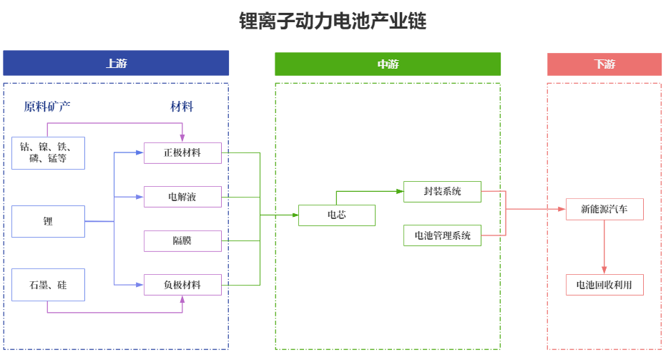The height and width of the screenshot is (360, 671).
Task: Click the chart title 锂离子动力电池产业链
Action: [x=333, y=21]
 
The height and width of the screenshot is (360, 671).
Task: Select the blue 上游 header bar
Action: [x=116, y=64]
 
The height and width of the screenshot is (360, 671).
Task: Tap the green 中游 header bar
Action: [x=388, y=64]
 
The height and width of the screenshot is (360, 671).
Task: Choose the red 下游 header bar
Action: [x=604, y=64]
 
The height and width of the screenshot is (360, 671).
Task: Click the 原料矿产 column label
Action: [x=47, y=107]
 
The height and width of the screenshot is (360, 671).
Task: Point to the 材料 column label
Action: [x=182, y=107]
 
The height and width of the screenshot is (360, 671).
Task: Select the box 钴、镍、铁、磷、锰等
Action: [x=48, y=152]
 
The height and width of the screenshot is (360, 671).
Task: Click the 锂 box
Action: [x=48, y=221]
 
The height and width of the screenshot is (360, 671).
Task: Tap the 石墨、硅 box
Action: [x=48, y=285]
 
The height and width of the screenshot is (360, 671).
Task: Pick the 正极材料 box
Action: [x=182, y=153]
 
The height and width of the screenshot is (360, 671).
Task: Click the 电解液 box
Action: [x=182, y=197]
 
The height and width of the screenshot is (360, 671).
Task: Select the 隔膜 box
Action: [x=182, y=241]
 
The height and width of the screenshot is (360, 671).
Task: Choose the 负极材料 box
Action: [x=182, y=285]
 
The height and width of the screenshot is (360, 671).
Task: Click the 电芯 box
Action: [x=336, y=215]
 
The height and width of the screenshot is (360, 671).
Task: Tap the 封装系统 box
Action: [x=442, y=192]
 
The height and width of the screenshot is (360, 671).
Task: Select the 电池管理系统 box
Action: [x=442, y=235]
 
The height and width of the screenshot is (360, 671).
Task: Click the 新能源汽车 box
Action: [x=604, y=210]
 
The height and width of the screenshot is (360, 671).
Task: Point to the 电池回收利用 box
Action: [x=604, y=285]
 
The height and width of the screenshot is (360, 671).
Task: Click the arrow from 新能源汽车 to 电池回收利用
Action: [x=604, y=247]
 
